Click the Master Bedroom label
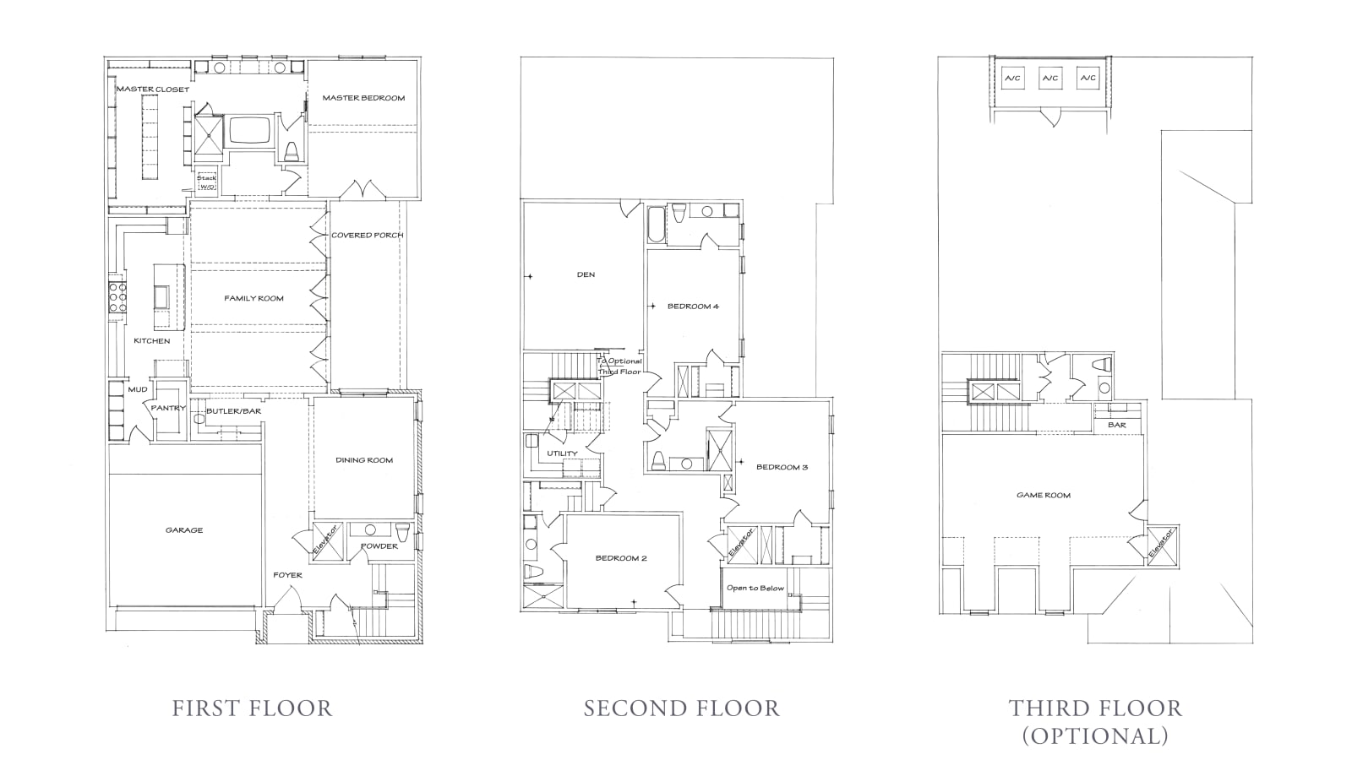click(x=363, y=98)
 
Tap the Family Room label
click(x=253, y=298)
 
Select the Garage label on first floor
click(x=183, y=530)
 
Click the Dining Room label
click(x=364, y=460)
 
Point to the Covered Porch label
click(x=367, y=235)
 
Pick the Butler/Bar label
click(x=233, y=411)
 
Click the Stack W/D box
click(x=207, y=182)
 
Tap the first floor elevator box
click(x=326, y=540)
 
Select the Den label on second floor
click(x=586, y=274)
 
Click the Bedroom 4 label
click(x=693, y=307)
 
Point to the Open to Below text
click(x=755, y=588)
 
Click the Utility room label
click(x=562, y=453)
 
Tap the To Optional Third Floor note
click(x=619, y=366)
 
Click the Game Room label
click(x=1043, y=496)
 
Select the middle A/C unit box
click(x=1049, y=79)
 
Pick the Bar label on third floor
click(x=1116, y=425)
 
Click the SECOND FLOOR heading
click(x=681, y=708)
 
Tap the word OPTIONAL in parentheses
click(x=1095, y=736)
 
